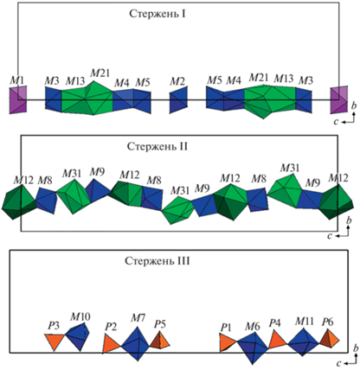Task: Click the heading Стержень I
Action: coord(157,14)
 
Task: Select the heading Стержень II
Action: coord(157,146)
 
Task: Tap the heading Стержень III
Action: coord(157,261)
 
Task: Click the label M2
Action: coord(177,81)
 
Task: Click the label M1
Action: coord(16,80)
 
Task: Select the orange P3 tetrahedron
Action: coord(55,341)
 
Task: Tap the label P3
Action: coord(54,326)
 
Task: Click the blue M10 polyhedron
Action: coord(78,336)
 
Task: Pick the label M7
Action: coord(138,318)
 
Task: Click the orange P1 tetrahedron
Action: coord(228,342)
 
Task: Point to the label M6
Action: coord(253,327)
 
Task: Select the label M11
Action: coord(304,321)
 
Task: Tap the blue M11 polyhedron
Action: coord(303,342)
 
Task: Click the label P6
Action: coord(328,322)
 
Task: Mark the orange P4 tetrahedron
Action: coord(277,340)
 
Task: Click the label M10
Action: coord(80,316)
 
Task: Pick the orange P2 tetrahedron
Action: coord(111,343)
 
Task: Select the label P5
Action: coord(160,324)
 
